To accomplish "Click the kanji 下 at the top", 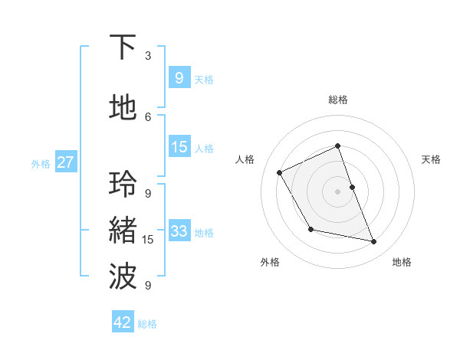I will (123, 47).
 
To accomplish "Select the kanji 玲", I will (123, 185).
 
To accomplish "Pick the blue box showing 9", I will (179, 77).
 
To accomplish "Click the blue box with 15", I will (179, 147).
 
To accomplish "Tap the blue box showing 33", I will (179, 231).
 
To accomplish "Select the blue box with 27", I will (65, 162).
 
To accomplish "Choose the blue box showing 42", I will (123, 322).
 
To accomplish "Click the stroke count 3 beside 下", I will (148, 56).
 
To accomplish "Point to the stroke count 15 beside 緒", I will (148, 240).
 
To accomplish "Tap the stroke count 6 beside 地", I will (148, 116).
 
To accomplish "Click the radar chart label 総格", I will (337, 100).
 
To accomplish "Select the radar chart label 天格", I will (432, 159).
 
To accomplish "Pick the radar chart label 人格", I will (245, 159).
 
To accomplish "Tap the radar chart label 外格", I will (270, 262).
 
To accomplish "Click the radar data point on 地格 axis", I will (374, 242).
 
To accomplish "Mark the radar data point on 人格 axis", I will (280, 172).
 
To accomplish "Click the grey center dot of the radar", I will (337, 191).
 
